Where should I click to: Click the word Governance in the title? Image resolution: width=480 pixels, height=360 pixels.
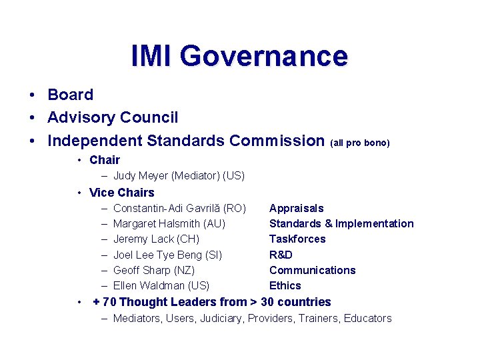263,56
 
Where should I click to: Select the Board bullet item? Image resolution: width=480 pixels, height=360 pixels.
70,95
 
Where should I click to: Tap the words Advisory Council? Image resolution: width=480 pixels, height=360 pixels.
113,118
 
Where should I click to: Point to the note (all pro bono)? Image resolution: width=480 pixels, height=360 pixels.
360,143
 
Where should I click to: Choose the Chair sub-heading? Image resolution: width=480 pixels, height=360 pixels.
105,160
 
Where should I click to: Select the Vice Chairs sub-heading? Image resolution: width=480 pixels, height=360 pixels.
121,193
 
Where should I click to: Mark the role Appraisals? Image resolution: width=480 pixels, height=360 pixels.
296,209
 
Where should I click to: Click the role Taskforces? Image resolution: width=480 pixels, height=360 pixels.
297,239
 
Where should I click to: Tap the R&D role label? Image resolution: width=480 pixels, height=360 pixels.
281,255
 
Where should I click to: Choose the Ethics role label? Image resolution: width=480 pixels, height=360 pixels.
285,285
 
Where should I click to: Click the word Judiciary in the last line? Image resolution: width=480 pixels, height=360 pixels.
222,319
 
